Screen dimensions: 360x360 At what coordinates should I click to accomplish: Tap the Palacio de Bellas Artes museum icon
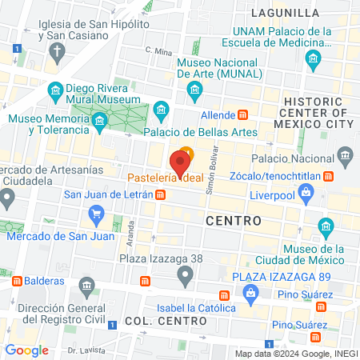(x=162, y=108)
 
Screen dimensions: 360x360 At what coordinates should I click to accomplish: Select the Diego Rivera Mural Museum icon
(x=56, y=89)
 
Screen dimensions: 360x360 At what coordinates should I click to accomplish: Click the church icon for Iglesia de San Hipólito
(x=57, y=53)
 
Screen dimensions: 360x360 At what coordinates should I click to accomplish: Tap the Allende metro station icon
(x=243, y=115)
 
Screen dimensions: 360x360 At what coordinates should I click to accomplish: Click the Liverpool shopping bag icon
(x=305, y=192)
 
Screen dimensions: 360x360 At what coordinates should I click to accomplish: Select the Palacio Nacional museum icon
(x=345, y=154)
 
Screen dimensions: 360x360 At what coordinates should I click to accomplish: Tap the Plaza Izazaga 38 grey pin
(x=186, y=277)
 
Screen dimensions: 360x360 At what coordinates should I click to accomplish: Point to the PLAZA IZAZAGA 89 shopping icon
(x=250, y=295)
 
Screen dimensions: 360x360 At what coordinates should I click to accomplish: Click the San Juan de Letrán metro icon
(x=161, y=194)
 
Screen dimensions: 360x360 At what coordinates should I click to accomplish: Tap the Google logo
(x=26, y=350)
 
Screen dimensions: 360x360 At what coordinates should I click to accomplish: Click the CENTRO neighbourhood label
(x=234, y=219)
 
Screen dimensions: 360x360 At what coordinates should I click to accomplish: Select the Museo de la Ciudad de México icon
(x=326, y=230)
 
